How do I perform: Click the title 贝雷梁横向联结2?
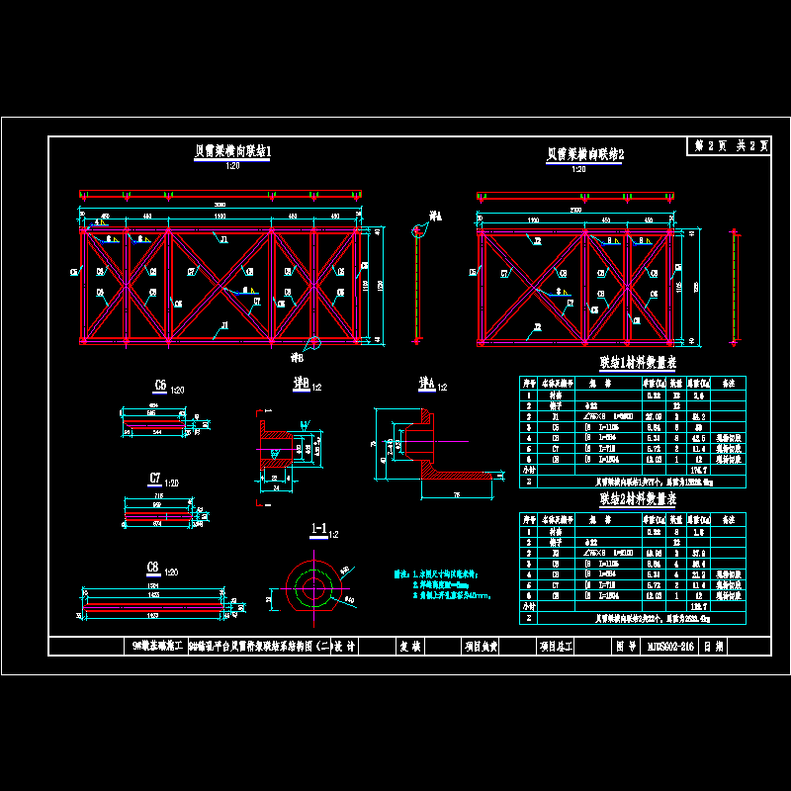(x=585, y=154)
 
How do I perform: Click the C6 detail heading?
(x=160, y=386)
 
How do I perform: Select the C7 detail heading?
(x=155, y=479)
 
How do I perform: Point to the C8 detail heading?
(x=153, y=568)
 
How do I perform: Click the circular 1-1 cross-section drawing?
(x=315, y=588)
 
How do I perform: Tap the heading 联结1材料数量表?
(x=637, y=363)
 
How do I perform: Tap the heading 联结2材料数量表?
(x=637, y=501)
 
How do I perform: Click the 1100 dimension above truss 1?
(x=220, y=216)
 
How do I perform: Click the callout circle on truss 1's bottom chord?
(x=313, y=343)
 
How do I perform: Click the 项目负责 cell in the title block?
(x=486, y=648)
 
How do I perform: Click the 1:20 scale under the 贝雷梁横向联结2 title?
(x=579, y=169)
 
